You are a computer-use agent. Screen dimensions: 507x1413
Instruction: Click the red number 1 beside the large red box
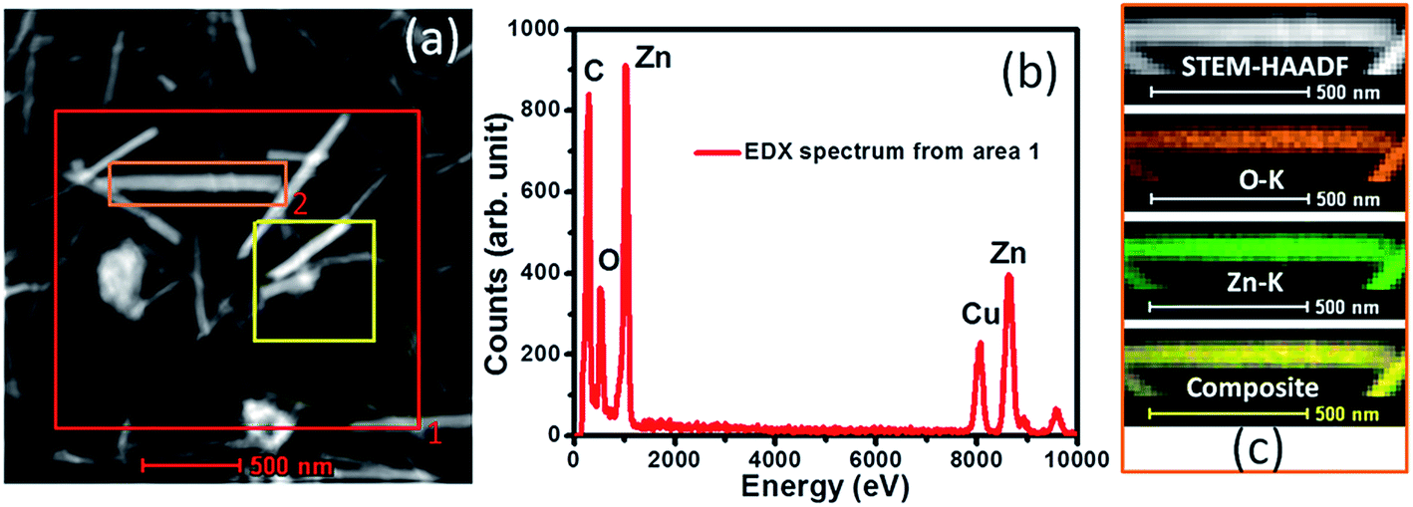(433, 433)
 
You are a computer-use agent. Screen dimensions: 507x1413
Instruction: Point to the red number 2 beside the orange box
(298, 205)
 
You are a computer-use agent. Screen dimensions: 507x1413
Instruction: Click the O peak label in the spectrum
(609, 261)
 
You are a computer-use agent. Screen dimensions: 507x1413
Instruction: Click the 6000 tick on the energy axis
(875, 457)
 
